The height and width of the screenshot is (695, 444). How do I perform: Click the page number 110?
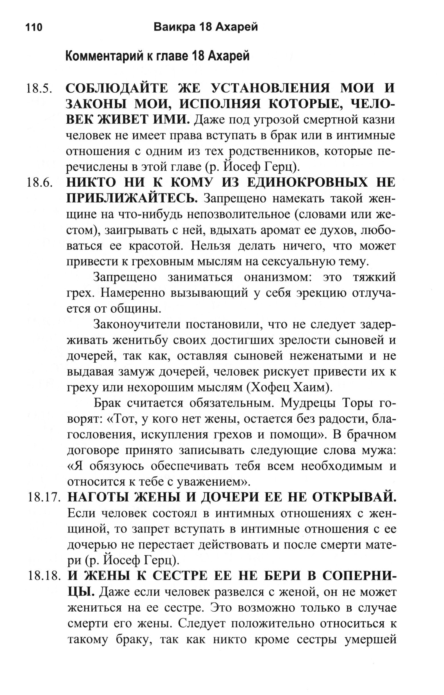click(x=34, y=27)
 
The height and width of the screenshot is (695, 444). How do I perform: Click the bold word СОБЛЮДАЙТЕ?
click(x=117, y=88)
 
